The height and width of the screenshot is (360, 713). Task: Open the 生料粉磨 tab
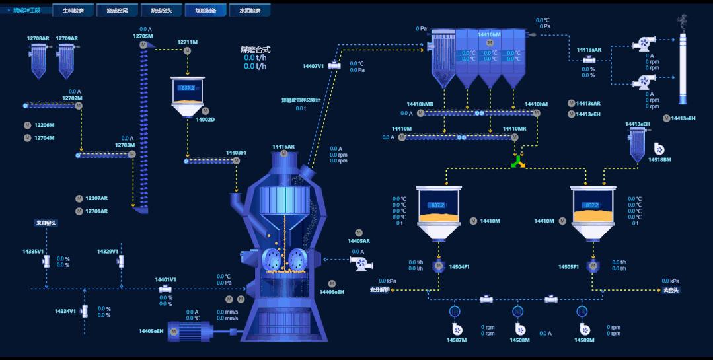pyautogui.click(x=73, y=11)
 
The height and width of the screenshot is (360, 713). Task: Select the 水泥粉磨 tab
pyautogui.click(x=250, y=11)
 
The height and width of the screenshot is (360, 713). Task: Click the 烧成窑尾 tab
pyautogui.click(x=117, y=11)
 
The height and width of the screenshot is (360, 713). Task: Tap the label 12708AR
pyautogui.click(x=38, y=38)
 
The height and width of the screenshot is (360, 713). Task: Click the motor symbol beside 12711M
pyautogui.click(x=187, y=51)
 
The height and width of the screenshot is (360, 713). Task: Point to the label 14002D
pyautogui.click(x=206, y=120)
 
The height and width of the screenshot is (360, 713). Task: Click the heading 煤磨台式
pyautogui.click(x=255, y=49)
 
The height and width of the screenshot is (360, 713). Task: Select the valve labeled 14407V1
pyautogui.click(x=334, y=65)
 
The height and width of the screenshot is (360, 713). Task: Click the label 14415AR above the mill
pyautogui.click(x=283, y=147)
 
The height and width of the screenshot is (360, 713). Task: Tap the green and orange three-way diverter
pyautogui.click(x=518, y=162)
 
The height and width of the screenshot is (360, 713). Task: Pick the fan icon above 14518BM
pyautogui.click(x=658, y=149)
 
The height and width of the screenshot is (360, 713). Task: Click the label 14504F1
pyautogui.click(x=459, y=267)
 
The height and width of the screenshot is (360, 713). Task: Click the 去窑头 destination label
pyautogui.click(x=671, y=290)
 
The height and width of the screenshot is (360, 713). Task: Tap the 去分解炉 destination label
pyautogui.click(x=380, y=290)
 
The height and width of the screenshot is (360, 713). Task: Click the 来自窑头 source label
pyautogui.click(x=46, y=223)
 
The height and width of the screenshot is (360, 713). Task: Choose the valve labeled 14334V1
pyautogui.click(x=85, y=310)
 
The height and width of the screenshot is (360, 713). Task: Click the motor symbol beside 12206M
pyautogui.click(x=28, y=125)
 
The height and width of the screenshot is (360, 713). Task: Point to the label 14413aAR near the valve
pyautogui.click(x=589, y=50)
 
